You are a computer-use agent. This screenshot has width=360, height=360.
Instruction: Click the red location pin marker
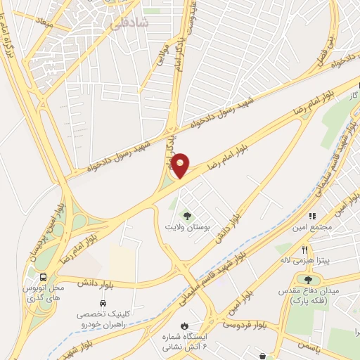181,165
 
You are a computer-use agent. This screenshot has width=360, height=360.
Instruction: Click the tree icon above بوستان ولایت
187,215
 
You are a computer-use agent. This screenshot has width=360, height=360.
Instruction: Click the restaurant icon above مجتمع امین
313,216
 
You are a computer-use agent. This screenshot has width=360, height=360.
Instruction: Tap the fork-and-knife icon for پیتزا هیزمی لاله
304,249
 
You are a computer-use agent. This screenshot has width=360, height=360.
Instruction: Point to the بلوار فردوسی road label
245,324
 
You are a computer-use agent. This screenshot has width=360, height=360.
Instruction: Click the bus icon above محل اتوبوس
44,277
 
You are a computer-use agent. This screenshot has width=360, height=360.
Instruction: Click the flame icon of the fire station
184,326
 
